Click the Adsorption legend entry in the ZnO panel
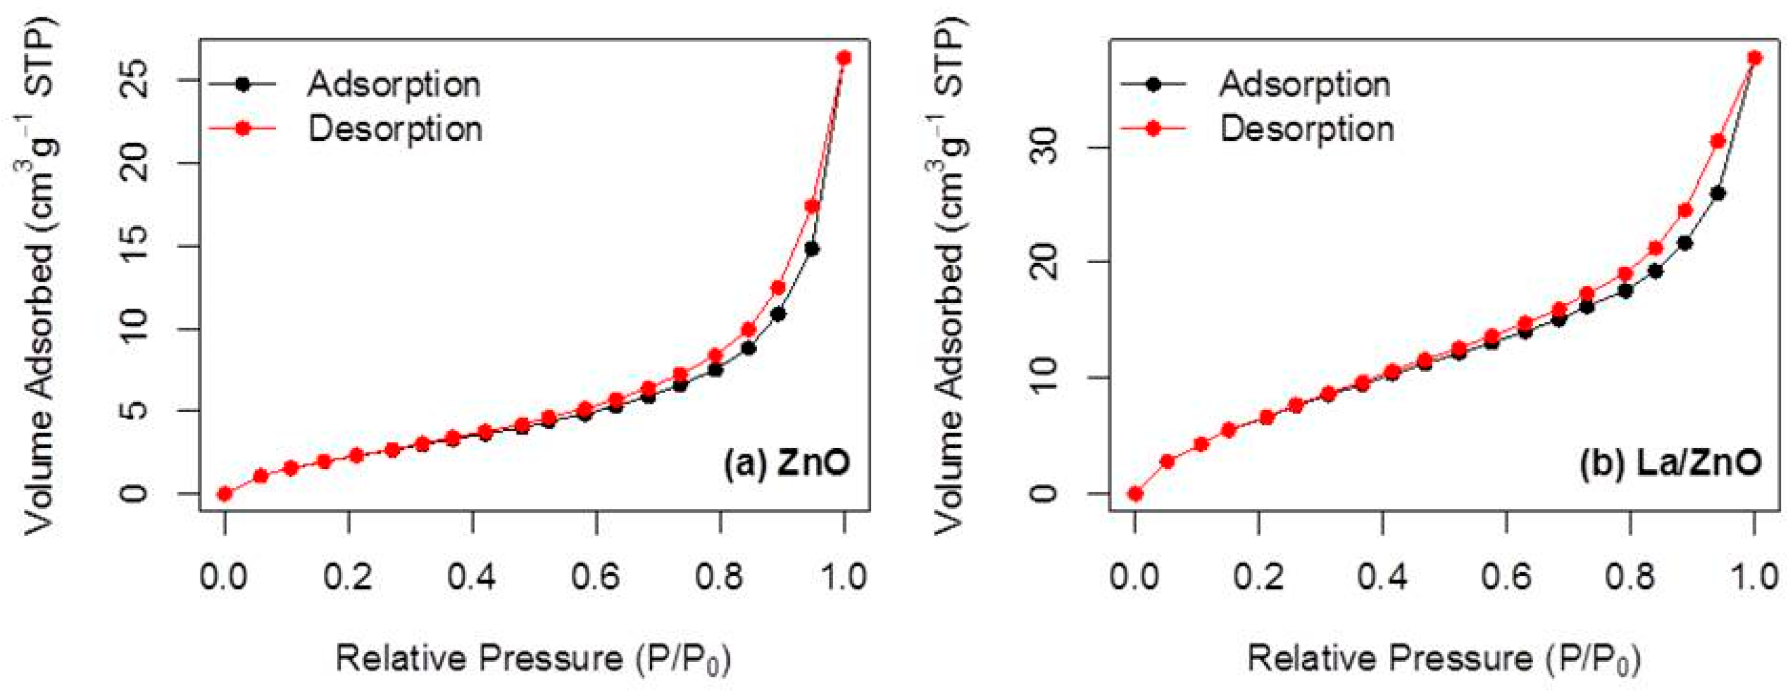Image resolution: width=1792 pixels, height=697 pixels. (394, 84)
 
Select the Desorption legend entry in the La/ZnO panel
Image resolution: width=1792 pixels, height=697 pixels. (1306, 129)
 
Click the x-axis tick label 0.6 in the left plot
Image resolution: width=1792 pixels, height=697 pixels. (596, 577)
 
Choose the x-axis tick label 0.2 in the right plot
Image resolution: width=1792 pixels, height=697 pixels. (1258, 577)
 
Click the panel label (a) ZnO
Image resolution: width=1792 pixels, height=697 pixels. (786, 462)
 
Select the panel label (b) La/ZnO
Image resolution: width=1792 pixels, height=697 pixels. (1670, 462)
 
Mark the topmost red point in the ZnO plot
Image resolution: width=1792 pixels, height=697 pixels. (844, 58)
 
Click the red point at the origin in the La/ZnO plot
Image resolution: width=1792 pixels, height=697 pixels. (1135, 494)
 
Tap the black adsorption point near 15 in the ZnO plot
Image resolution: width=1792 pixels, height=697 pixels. (811, 249)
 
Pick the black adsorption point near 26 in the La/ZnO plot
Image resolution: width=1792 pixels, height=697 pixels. (1717, 193)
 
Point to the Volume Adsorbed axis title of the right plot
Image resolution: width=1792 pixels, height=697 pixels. (948, 275)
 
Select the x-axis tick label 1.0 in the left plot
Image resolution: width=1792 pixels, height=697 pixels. (844, 577)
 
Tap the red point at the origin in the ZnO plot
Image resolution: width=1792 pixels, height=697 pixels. (225, 494)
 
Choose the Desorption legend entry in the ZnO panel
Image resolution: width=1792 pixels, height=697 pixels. (394, 129)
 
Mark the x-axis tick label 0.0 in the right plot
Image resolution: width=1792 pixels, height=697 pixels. (1135, 577)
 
